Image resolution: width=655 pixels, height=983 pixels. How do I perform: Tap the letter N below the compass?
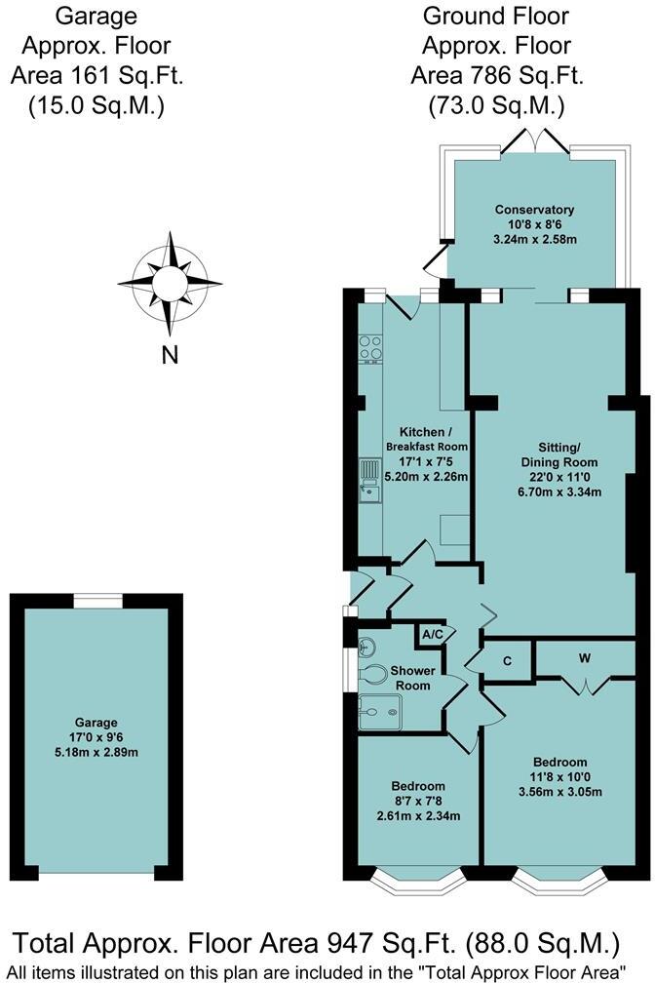click(x=170, y=356)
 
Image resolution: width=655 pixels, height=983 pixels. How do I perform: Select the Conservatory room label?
click(x=534, y=210)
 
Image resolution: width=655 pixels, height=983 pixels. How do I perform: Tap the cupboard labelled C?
click(x=507, y=660)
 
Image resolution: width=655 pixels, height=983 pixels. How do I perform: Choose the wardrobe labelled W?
click(x=584, y=658)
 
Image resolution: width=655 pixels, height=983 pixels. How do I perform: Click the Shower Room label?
click(x=410, y=678)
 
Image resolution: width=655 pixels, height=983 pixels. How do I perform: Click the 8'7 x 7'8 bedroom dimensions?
click(x=418, y=802)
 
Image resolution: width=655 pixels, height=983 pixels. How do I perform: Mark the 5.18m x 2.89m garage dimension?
click(x=96, y=752)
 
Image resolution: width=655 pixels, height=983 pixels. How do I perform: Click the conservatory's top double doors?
click(x=534, y=140)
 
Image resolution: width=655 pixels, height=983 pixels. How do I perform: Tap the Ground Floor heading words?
click(x=495, y=16)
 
